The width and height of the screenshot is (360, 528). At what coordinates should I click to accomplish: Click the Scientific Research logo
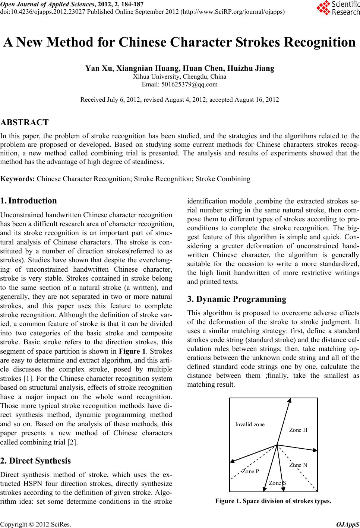337,8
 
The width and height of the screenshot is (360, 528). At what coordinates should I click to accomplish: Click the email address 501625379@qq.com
180,84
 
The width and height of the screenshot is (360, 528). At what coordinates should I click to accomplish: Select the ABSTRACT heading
25,123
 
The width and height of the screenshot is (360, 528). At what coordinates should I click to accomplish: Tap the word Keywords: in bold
18,179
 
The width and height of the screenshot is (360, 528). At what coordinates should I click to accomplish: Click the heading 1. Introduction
29,201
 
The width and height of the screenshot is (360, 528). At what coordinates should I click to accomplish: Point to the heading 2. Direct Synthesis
35,461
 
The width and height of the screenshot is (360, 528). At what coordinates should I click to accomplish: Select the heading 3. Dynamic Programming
237,299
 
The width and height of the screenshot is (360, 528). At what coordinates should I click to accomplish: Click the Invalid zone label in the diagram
250,424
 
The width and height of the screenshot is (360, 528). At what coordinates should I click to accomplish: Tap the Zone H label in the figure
298,430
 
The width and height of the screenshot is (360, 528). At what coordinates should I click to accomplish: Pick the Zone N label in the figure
298,465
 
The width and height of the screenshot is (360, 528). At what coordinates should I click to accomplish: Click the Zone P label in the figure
250,471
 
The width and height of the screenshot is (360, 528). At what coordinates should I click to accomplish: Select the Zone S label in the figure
277,483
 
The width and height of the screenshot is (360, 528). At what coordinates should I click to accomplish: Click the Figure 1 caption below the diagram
273,501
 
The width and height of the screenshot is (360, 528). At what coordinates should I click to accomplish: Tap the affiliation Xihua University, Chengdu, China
180,77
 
